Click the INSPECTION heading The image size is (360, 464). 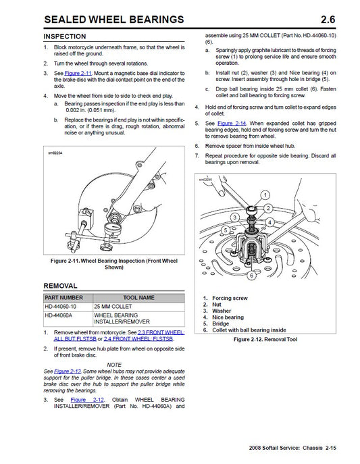pos(65,36)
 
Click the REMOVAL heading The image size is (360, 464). pos(60,285)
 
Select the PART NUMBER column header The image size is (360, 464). pos(67,297)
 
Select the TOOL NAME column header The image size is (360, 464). pos(138,297)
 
